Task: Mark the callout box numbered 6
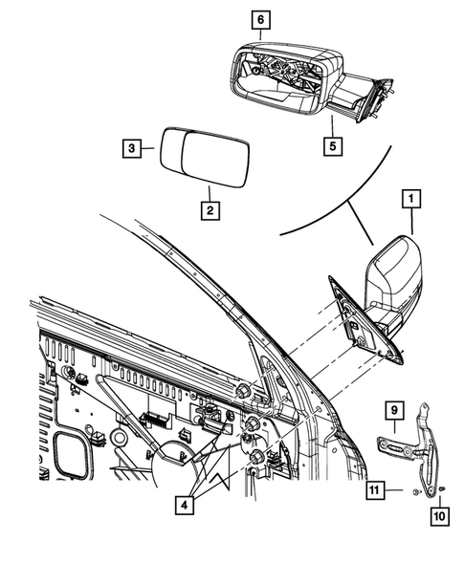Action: (261, 18)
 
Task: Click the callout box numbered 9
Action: (392, 411)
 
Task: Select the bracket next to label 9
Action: (418, 449)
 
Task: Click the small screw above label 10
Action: (443, 489)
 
